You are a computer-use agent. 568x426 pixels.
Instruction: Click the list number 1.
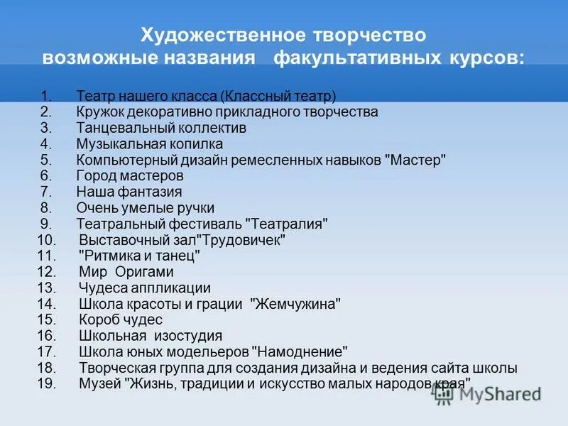tap(45, 96)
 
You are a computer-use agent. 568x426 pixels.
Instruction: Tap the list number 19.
tap(45, 384)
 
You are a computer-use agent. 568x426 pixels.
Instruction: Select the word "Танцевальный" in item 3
tap(117, 128)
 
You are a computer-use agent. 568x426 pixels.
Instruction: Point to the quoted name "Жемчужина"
tap(295, 304)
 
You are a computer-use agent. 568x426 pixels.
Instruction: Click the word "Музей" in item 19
tap(98, 384)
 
